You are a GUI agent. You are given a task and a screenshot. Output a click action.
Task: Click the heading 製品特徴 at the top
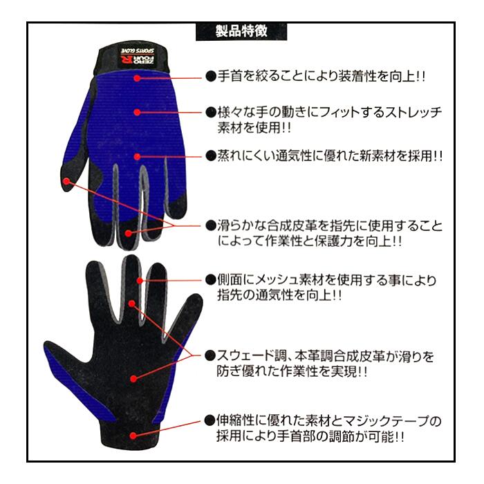pos(241,31)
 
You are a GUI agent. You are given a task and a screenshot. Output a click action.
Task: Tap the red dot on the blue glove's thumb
pos(66,182)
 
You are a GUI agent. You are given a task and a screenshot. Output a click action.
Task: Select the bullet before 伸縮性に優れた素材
pos(211,420)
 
